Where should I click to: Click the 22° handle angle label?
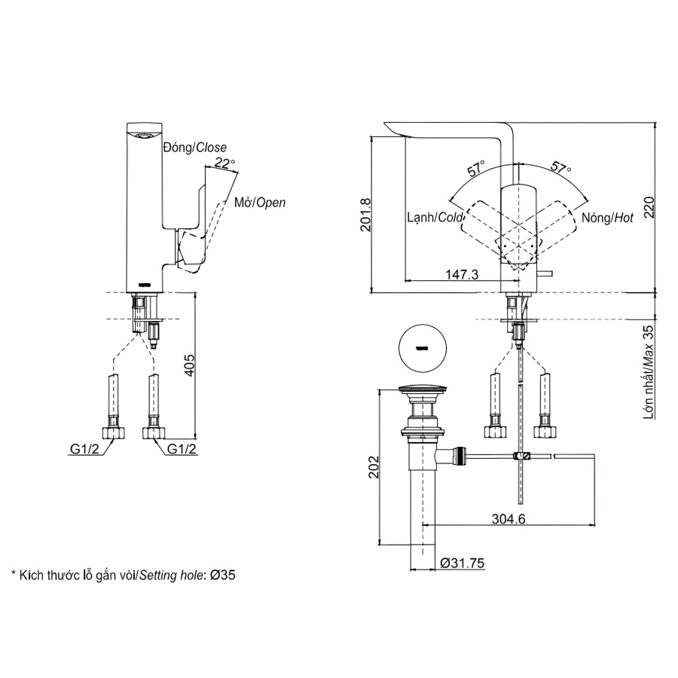(224, 162)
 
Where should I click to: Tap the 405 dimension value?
(191, 365)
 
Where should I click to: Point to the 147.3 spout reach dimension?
(461, 275)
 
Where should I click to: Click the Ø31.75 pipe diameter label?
(464, 562)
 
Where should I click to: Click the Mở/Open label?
(259, 203)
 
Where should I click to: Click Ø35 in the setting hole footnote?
(224, 575)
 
